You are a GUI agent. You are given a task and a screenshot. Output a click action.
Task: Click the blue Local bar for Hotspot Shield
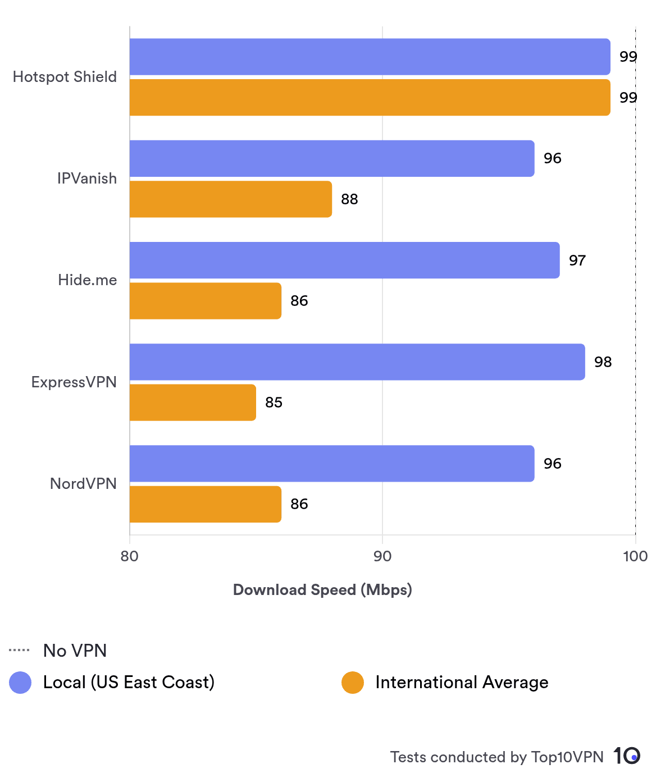coord(370,57)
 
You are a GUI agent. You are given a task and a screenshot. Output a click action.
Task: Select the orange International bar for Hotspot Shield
coord(370,98)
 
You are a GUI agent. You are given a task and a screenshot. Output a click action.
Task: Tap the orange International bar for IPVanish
coord(230,199)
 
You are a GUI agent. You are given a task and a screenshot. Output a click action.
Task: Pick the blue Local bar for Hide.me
coord(344,260)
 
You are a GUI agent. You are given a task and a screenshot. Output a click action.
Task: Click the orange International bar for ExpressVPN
coord(193,402)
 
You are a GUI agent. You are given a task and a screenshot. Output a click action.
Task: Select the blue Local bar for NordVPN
coord(331,464)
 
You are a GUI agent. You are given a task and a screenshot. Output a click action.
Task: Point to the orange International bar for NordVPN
coord(205,504)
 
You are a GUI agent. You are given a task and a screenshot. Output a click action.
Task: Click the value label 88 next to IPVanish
coord(349,199)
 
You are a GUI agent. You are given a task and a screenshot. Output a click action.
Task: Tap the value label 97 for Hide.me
coord(577,260)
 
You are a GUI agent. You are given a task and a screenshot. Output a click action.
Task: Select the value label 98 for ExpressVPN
coord(603,362)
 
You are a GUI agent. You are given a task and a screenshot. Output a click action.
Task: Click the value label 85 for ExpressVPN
coord(274,402)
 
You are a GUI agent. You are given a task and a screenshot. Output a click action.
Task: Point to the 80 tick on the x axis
coord(130,556)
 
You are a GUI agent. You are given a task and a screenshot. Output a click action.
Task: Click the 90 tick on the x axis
coord(382,556)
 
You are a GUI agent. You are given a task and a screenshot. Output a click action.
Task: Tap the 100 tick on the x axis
coord(635,556)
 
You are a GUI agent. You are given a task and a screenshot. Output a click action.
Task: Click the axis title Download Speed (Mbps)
coord(322,590)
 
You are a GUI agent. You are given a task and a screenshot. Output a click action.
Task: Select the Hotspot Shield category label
coord(65,77)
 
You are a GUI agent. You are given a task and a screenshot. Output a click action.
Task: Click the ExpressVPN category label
coord(74,382)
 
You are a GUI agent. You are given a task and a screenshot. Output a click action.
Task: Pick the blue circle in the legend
coord(20,683)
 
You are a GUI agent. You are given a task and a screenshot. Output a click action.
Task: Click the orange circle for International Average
coord(353,683)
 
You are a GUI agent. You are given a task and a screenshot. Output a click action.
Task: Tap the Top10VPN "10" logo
coord(626,756)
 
